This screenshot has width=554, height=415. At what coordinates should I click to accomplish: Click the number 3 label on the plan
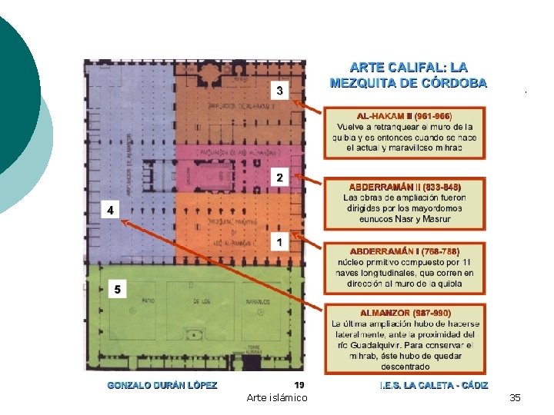tap(279, 91)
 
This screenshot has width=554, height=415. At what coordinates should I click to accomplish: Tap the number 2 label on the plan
tap(279, 178)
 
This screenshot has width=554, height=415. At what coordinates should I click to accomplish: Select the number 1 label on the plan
tap(279, 242)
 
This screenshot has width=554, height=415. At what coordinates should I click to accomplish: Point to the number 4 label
tap(111, 209)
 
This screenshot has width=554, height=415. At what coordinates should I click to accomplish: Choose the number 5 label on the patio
tap(118, 289)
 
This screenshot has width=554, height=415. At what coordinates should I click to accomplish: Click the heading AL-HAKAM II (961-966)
tap(405, 115)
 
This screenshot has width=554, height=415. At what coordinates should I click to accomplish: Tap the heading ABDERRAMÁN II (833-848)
tap(405, 187)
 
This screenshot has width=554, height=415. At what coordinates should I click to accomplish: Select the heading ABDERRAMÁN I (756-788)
tap(405, 251)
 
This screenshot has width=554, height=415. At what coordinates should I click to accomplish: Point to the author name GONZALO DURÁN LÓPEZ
tap(162, 385)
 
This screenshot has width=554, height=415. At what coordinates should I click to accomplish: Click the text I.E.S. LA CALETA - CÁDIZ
tap(434, 385)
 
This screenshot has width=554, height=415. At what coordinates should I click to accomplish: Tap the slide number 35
tap(515, 397)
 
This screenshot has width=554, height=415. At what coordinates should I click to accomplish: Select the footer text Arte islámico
tap(277, 397)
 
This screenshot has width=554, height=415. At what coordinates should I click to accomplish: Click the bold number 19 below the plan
tap(299, 385)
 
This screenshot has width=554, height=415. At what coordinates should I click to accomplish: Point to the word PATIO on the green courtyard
tap(146, 300)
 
